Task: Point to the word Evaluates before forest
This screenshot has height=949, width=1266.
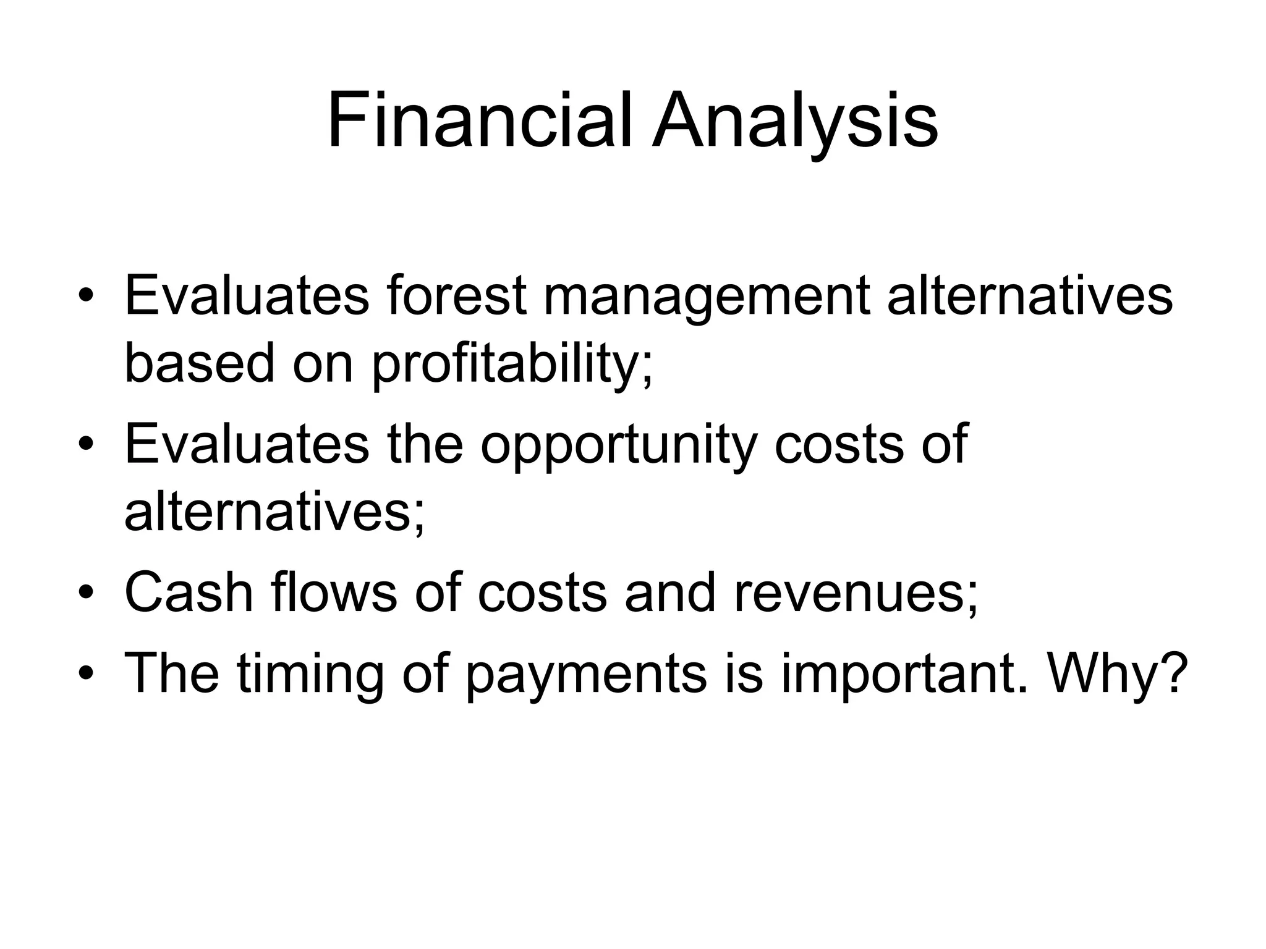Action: coord(247,295)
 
